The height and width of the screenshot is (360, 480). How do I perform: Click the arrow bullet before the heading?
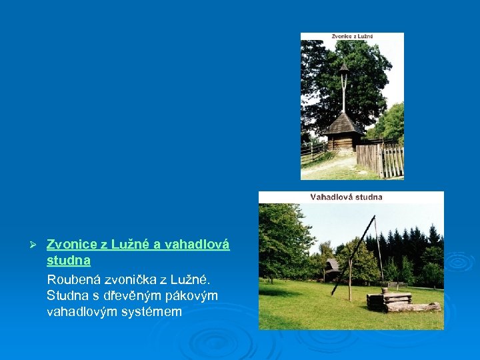(39, 245)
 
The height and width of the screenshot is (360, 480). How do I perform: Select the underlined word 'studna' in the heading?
(69, 260)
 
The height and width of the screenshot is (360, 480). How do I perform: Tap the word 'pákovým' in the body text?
(189, 295)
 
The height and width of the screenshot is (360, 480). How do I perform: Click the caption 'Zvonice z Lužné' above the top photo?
(352, 36)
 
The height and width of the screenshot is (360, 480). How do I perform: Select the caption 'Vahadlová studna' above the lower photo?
(346, 197)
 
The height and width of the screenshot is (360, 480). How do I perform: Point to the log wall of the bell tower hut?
(344, 141)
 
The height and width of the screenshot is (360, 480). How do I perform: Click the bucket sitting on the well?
(385, 289)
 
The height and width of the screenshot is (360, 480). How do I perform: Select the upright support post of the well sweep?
(350, 280)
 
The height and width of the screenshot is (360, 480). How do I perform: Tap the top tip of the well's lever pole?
(375, 217)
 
